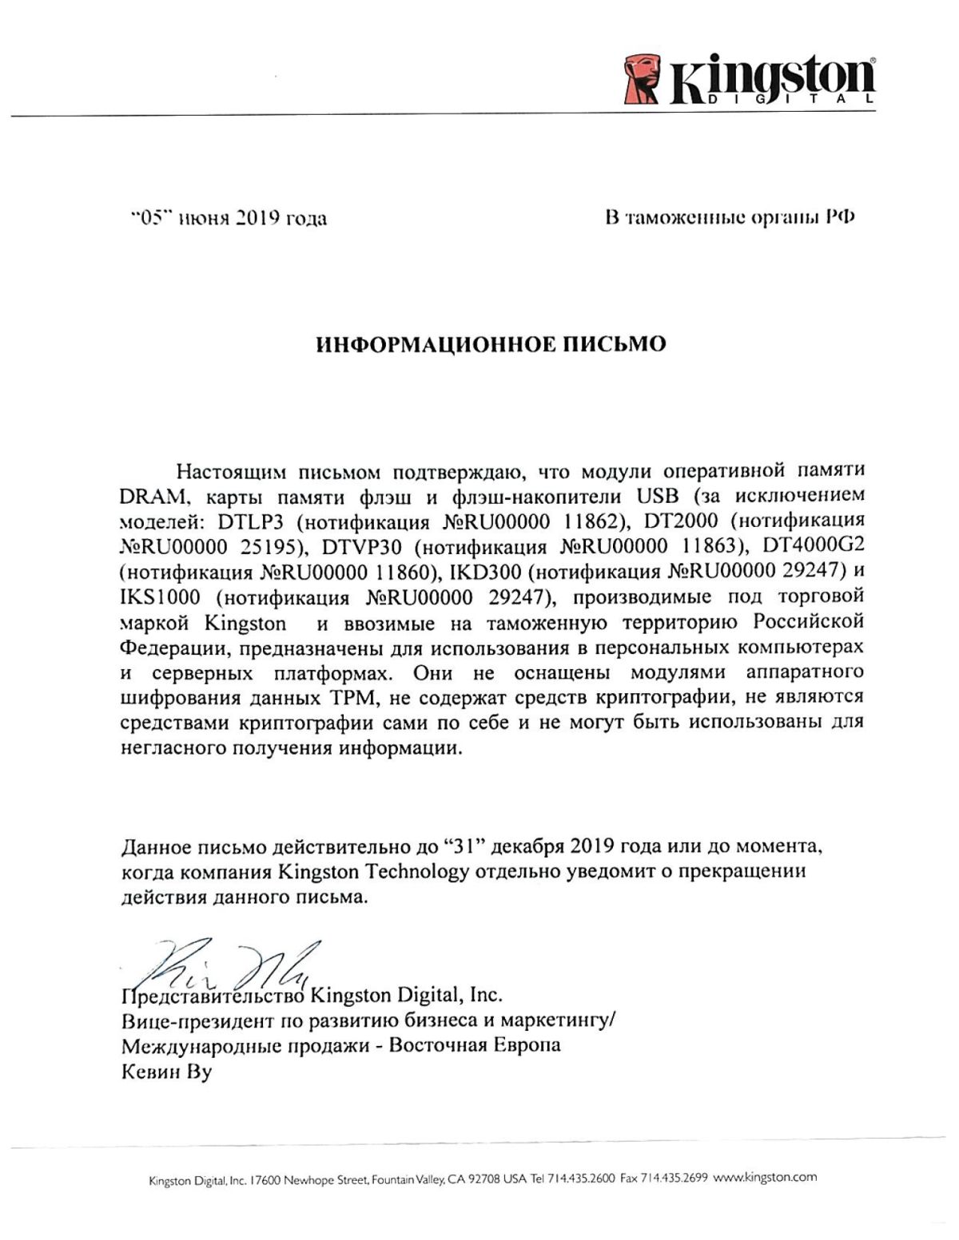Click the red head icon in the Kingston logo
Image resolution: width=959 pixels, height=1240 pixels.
pos(643,78)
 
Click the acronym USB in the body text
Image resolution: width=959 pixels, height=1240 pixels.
pos(656,495)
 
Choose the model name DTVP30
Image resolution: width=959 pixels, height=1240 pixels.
pos(364,547)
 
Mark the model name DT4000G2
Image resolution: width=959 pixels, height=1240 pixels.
pos(814,546)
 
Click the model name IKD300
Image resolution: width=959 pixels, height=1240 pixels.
pos(487,572)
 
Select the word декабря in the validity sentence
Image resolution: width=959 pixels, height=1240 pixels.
pos(527,846)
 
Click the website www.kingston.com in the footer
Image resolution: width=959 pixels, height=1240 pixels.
pos(765,1178)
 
